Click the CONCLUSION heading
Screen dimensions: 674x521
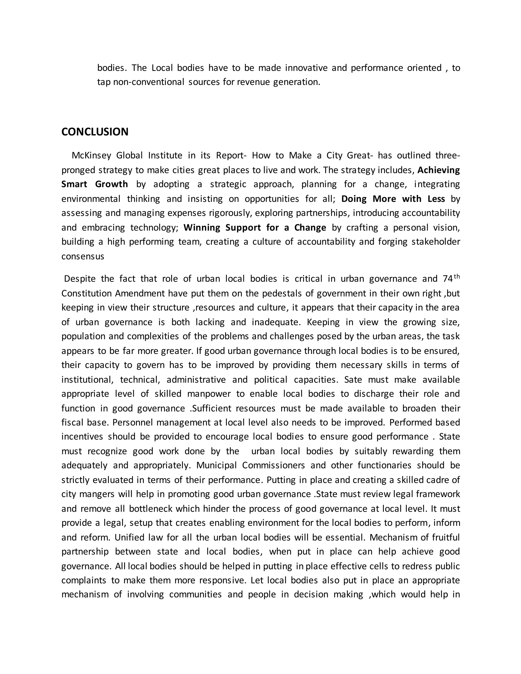coord(95,132)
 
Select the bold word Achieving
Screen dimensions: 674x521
coord(438,170)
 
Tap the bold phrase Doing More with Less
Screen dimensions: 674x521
coord(393,199)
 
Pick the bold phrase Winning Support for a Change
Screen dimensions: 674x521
coord(255,227)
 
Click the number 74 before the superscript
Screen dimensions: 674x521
coord(447,279)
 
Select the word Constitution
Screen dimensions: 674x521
coord(86,293)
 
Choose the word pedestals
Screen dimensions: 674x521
coord(282,293)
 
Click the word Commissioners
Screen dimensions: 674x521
coord(273,465)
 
